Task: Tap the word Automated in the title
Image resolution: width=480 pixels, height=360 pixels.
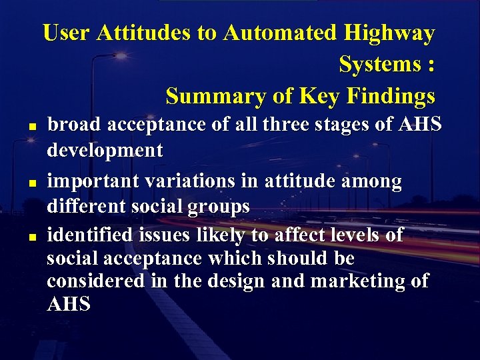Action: point(281,33)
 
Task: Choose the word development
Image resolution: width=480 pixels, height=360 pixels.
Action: point(105,151)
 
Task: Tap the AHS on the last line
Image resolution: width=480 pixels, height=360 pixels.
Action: point(69,305)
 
